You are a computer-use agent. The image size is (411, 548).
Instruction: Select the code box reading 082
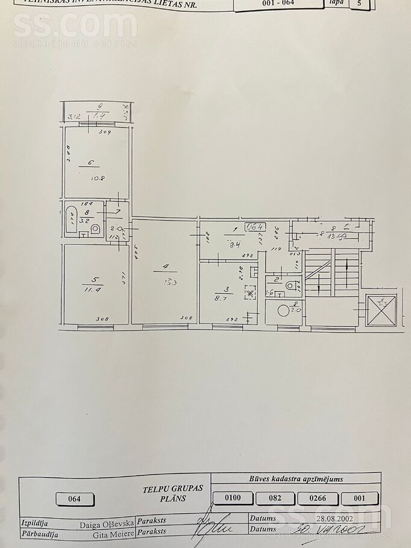275,498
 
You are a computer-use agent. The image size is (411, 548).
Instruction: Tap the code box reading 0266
317,498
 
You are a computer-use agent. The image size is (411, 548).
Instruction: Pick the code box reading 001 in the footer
360,498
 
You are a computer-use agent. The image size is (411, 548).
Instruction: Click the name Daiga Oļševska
107,524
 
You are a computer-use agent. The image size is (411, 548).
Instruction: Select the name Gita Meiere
113,534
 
